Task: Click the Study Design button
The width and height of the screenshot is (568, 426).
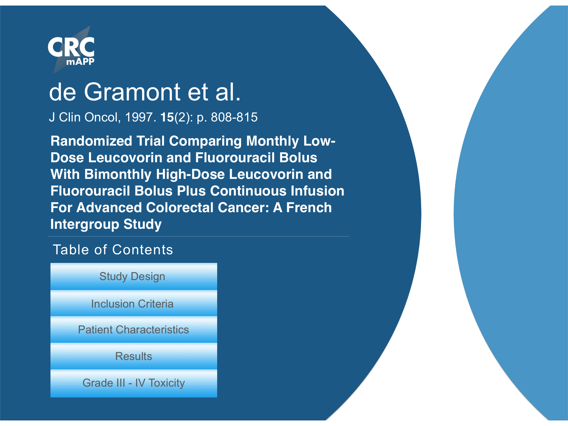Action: click(134, 277)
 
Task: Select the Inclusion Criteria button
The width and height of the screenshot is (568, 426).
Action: click(134, 303)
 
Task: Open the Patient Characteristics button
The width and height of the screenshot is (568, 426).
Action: click(134, 330)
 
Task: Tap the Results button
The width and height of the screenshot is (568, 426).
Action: click(134, 356)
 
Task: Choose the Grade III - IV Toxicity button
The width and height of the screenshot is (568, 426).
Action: click(134, 383)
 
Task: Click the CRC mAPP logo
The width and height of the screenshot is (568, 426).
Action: click(71, 50)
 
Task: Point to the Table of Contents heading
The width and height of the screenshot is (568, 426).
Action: click(113, 250)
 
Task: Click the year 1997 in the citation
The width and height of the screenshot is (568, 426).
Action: click(139, 117)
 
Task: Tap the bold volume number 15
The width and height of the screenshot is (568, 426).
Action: click(167, 117)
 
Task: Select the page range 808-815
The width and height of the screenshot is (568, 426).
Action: click(234, 117)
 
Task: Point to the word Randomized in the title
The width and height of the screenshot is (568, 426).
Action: click(92, 141)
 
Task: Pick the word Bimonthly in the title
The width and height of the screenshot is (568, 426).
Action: click(118, 175)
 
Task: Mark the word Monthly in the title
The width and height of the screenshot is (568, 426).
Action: click(272, 141)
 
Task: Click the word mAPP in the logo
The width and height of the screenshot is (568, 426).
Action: click(80, 61)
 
